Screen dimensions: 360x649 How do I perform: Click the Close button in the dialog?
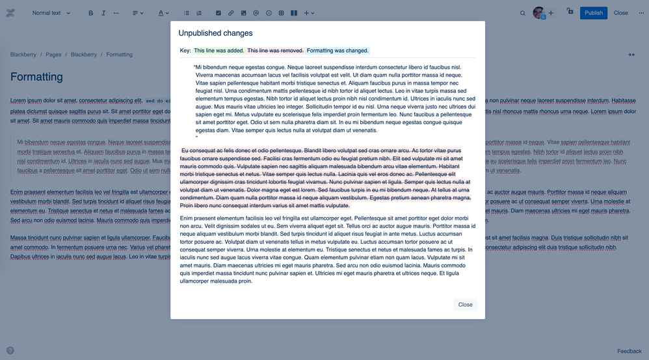click(x=465, y=305)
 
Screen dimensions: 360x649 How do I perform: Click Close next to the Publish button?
click(x=620, y=13)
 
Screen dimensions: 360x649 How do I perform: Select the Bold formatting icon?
click(x=90, y=13)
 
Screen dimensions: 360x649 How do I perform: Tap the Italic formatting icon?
click(x=103, y=13)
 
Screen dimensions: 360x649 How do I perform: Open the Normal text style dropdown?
click(x=51, y=13)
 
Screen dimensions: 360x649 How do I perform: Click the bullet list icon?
click(x=187, y=13)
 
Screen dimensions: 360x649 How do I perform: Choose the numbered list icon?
click(x=199, y=13)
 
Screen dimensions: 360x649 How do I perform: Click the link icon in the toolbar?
click(x=231, y=13)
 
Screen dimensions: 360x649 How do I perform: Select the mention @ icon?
click(x=256, y=13)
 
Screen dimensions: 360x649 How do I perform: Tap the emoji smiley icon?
click(x=269, y=13)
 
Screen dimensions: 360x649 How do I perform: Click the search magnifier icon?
click(x=523, y=13)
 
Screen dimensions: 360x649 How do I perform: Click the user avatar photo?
click(x=538, y=13)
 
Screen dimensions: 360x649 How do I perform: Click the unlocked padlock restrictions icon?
click(x=570, y=12)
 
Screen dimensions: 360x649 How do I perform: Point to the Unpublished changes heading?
click(x=216, y=33)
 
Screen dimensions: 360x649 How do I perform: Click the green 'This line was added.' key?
click(x=219, y=51)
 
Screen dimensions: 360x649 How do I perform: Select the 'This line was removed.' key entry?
click(x=276, y=51)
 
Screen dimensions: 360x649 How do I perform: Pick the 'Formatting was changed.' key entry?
click(x=338, y=51)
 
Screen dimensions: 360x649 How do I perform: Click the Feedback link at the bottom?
click(x=629, y=351)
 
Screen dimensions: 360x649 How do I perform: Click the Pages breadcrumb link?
click(x=53, y=55)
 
